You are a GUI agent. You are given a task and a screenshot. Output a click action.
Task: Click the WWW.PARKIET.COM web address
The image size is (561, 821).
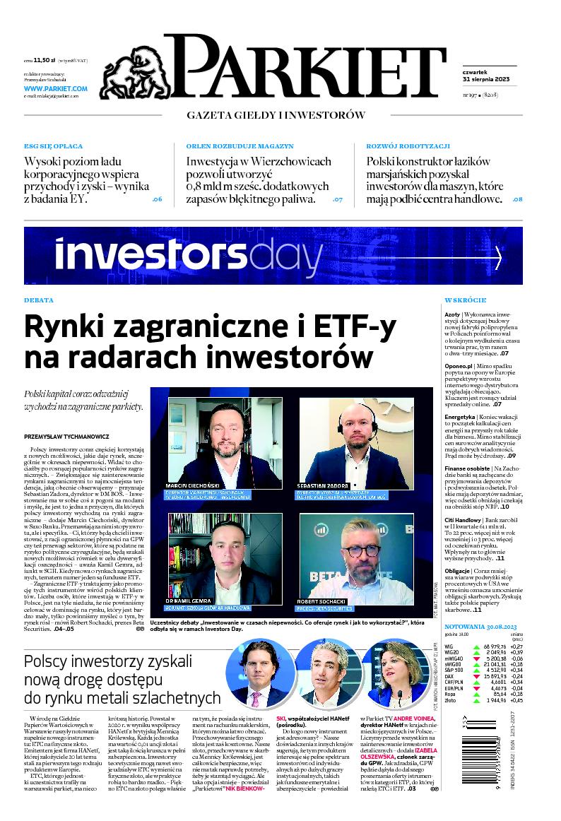click(x=56, y=89)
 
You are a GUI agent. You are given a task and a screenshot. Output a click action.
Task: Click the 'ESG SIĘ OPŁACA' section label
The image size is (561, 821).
click(x=53, y=146)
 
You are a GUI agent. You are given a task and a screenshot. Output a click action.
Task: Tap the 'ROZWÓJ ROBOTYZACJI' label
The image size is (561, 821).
click(x=408, y=146)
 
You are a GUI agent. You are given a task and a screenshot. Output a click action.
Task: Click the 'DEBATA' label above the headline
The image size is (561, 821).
click(x=39, y=300)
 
